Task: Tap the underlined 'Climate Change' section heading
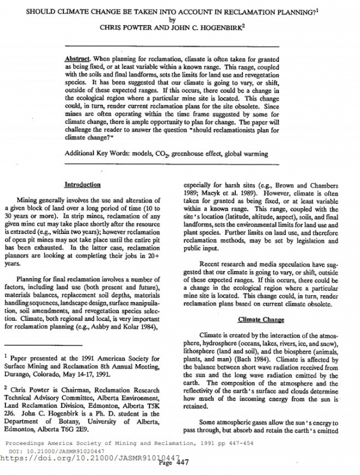(x=262, y=319)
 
